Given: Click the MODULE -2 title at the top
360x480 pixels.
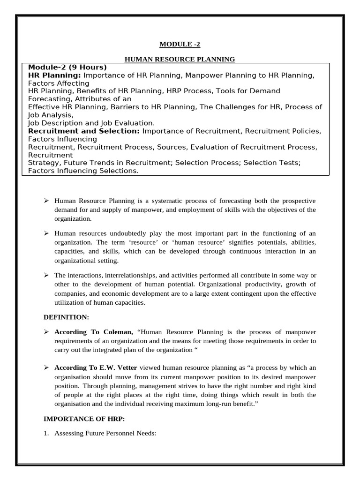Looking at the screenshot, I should click(x=180, y=45).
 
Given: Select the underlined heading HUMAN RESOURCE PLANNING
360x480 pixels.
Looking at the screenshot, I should click(x=180, y=59).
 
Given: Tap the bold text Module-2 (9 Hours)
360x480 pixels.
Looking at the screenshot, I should click(x=67, y=67).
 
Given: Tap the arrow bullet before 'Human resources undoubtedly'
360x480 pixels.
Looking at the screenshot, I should click(x=46, y=233).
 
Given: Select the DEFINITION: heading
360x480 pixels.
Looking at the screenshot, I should click(x=66, y=317).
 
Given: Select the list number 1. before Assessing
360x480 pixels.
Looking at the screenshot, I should click(x=46, y=434).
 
